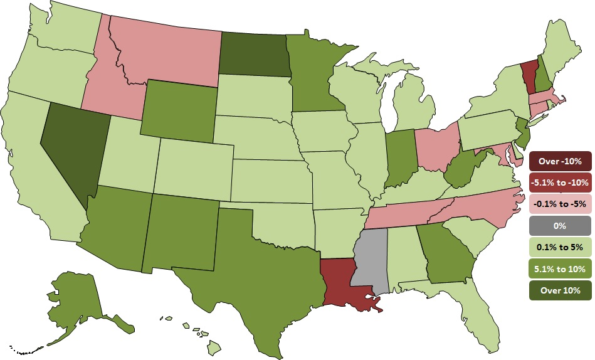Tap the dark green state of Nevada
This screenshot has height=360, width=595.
pos(68,151)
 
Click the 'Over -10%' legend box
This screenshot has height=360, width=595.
pos(560,162)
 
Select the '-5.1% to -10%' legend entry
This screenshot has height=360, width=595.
pos(560,183)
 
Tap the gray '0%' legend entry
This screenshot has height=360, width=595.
pos(560,225)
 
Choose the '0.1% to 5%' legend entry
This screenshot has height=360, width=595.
pos(560,246)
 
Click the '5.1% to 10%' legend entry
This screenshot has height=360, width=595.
pos(560,268)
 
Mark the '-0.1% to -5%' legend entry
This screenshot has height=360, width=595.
pos(560,204)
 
